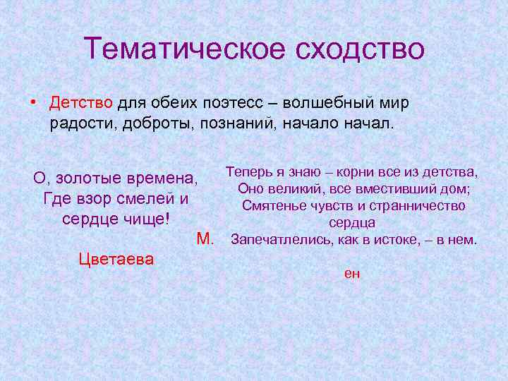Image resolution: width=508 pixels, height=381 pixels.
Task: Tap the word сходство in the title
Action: [x=358, y=49]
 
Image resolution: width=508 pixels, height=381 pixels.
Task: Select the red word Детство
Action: [x=81, y=103]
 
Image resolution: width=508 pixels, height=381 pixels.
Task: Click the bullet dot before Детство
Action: [x=34, y=103]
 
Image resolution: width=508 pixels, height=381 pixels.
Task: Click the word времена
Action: [x=166, y=177]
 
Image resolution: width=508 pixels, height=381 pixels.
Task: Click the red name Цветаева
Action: [x=116, y=259]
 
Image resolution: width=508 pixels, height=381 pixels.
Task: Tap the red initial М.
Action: [x=205, y=238]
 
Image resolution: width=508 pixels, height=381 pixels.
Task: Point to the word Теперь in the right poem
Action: [x=248, y=171]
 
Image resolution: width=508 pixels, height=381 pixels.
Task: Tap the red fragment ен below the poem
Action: [x=352, y=273]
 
